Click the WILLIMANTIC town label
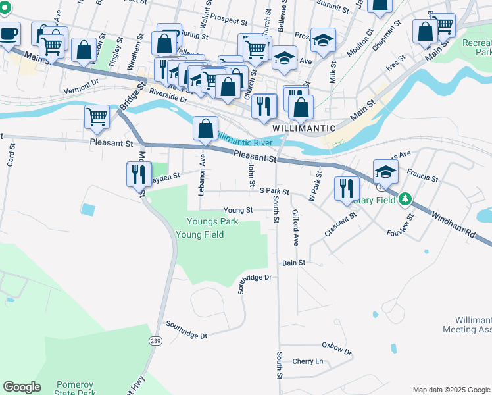pos(304,128)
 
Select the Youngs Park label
pos(212,222)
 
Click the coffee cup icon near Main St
pos(9,34)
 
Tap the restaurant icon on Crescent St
pos(345,188)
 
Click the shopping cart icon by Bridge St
pos(97,117)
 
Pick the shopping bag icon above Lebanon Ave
pos(206,127)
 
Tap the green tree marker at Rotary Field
pos(406,198)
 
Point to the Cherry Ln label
pos(308,361)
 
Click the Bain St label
pos(294,263)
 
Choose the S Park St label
pos(274,191)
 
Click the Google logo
pos(22,387)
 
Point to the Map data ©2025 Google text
pos(451,390)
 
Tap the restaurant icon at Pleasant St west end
pos(137,174)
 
